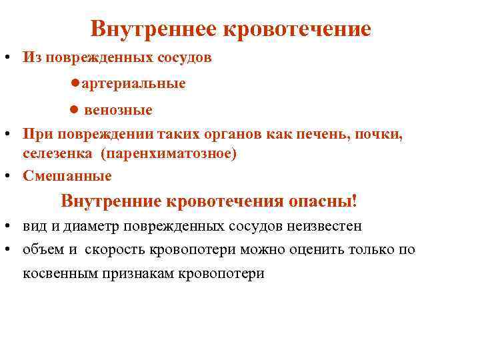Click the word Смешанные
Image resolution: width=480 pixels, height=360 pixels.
(67, 176)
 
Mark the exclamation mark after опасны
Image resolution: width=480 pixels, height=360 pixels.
(355, 201)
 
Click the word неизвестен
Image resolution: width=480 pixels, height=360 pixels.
(325, 226)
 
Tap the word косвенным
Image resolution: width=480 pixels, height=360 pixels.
(61, 273)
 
